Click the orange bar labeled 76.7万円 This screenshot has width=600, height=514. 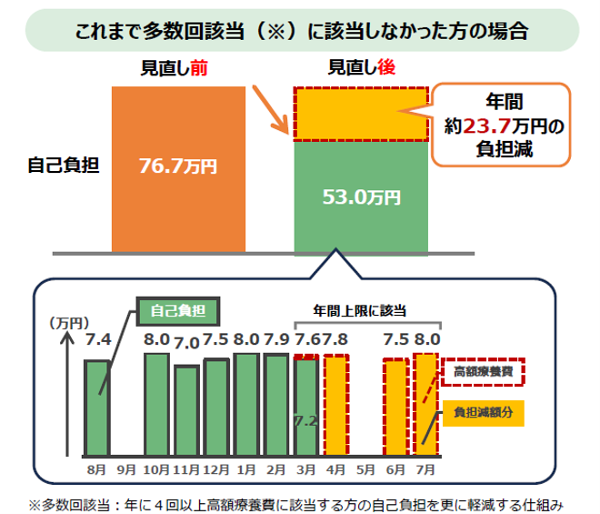178,169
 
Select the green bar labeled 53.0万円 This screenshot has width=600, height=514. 361,197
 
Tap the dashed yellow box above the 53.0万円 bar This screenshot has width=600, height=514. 361,114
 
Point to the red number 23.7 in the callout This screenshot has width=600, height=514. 487,126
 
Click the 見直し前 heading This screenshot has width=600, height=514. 175,68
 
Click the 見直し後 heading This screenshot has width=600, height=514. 362,68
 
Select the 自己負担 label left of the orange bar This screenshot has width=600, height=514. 64,165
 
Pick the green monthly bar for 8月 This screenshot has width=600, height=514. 97,408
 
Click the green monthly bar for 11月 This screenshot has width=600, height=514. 186,410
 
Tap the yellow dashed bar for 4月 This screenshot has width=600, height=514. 336,405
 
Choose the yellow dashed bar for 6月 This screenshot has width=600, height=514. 396,408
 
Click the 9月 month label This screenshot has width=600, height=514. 126,469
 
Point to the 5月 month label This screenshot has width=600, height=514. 365,469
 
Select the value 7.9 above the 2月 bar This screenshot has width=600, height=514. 276,339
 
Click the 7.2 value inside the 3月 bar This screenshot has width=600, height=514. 306,421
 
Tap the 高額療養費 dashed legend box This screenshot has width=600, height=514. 483,371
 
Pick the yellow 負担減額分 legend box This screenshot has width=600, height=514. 484,413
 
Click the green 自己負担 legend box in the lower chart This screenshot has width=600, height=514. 178,311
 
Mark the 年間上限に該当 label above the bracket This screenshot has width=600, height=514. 360,310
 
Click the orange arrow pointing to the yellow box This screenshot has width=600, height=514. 270,110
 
